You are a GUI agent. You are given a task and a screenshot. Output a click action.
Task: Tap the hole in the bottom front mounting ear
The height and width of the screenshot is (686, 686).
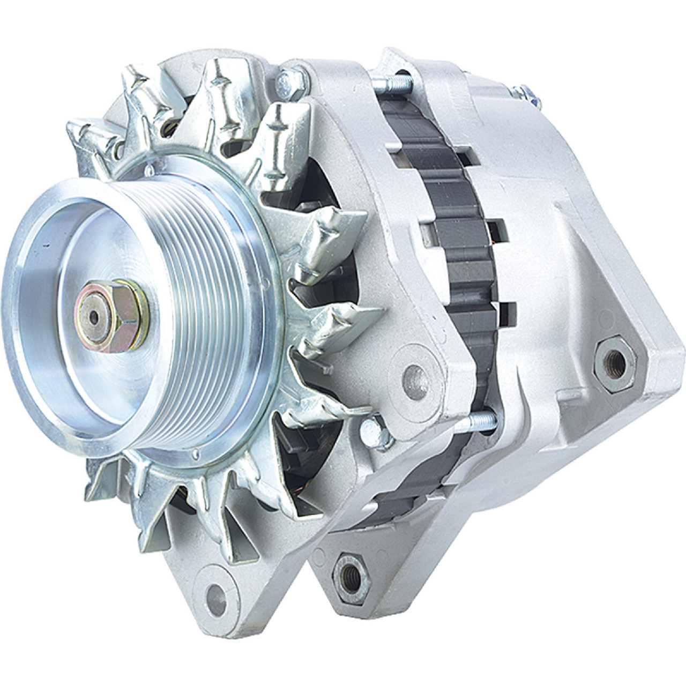pos(215,592)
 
